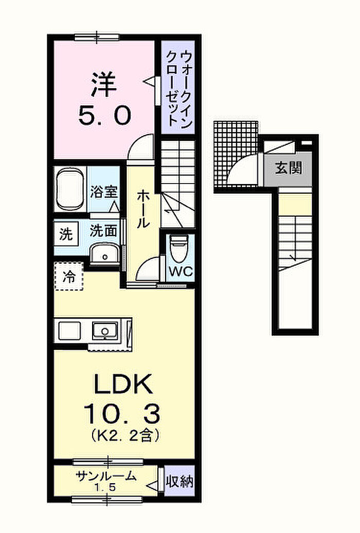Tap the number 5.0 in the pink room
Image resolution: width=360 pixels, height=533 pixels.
pos(104,115)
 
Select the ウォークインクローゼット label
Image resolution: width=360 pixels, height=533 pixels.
pos(178,88)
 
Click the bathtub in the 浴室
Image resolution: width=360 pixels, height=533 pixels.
pos(70,189)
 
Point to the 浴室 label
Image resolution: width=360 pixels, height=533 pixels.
pos(104,192)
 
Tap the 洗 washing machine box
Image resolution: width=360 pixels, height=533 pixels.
pos(66,234)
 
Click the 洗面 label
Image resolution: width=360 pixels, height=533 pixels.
pos(103,231)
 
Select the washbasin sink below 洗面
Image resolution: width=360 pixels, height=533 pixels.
pos(105,253)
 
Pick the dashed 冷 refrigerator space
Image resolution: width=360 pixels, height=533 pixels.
pos(69,277)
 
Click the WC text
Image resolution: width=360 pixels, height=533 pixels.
pos(181,272)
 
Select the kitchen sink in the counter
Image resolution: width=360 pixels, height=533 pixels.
pos(105,330)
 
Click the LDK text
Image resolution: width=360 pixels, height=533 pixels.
pos(122,384)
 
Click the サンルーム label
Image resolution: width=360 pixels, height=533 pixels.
pos(106,475)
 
